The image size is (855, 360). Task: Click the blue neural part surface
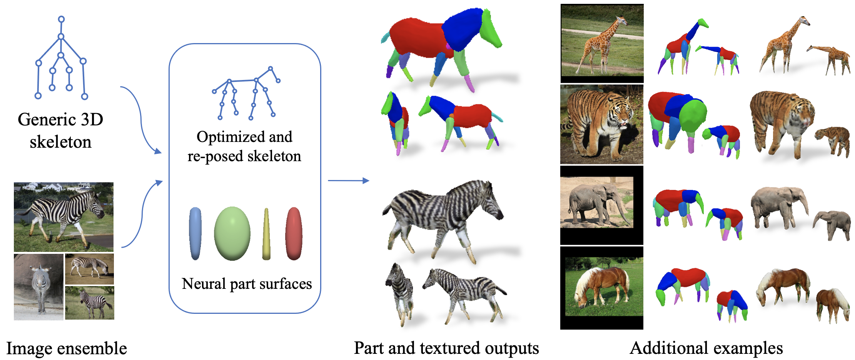point(195,233)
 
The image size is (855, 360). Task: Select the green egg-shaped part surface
point(232,233)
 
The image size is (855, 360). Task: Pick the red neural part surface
point(294,233)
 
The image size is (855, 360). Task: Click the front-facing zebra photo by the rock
point(38,287)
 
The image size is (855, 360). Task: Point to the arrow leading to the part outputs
point(348,180)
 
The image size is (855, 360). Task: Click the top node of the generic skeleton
point(61,19)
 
